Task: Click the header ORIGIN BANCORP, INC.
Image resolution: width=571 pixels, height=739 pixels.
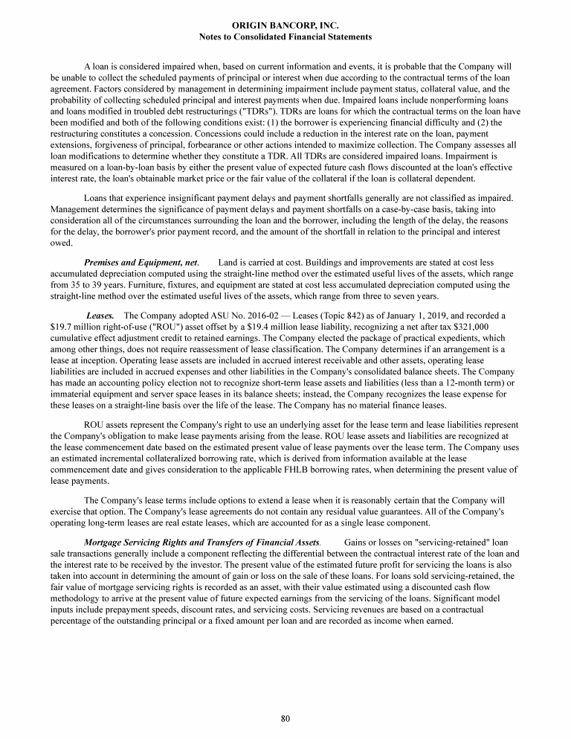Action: coord(285,25)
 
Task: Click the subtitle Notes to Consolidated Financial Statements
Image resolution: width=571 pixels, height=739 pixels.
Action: coord(285,36)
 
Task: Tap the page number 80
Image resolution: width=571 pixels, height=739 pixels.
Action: coord(285,718)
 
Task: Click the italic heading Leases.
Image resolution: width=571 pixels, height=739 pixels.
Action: coord(100,316)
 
